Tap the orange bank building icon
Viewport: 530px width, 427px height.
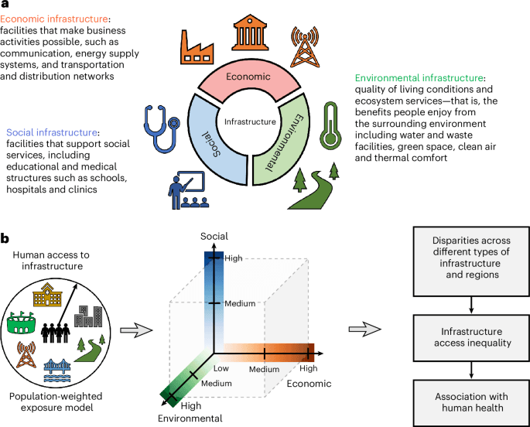point(249,29)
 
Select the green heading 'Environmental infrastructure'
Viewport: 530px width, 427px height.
point(420,78)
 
